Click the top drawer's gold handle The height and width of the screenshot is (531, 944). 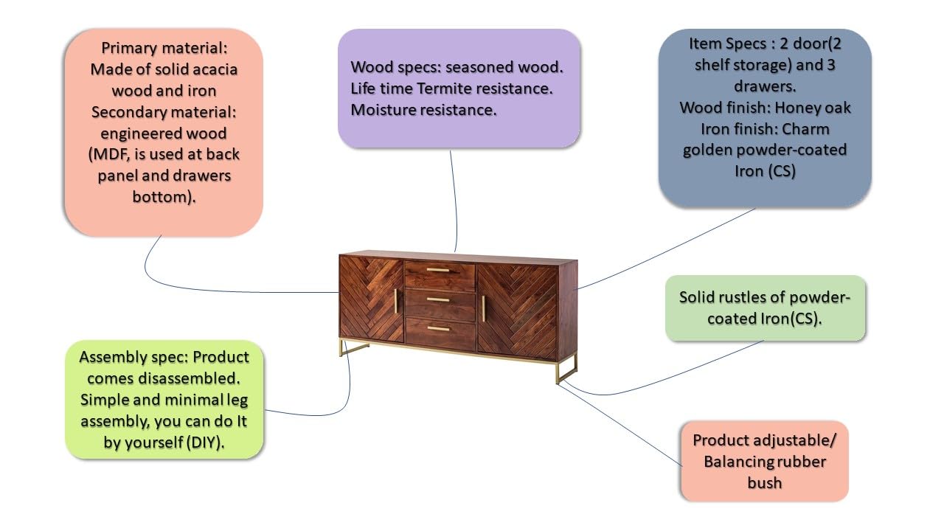tap(438, 270)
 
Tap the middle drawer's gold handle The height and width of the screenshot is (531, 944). tap(438, 299)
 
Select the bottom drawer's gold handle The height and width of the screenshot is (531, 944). tap(438, 329)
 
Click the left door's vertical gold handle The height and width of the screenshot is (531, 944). tap(395, 301)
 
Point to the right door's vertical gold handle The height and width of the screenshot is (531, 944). tap(483, 308)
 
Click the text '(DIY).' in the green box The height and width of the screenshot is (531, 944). tap(206, 442)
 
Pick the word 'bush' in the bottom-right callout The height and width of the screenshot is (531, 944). tap(765, 483)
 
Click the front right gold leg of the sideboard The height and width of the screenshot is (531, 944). tap(558, 371)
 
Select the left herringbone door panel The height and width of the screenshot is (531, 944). tap(372, 299)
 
